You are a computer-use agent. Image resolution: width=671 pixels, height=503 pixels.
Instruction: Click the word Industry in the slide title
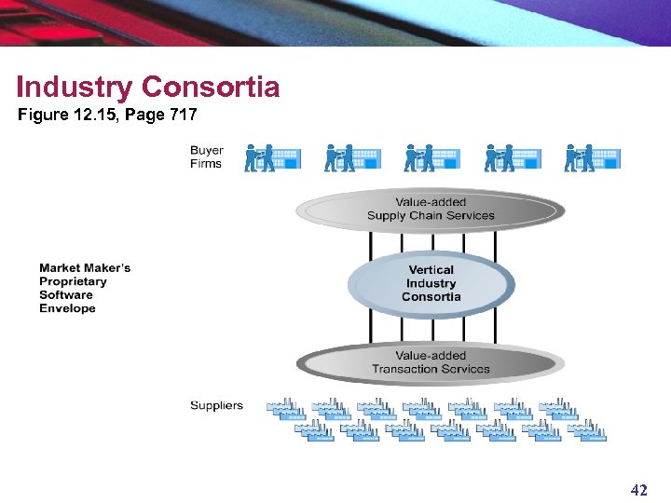tap(76, 88)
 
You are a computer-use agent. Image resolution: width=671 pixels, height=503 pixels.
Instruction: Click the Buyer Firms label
tap(206, 156)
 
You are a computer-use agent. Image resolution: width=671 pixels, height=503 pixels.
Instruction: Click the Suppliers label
tap(216, 405)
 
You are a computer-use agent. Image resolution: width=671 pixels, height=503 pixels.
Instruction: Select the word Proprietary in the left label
tap(73, 281)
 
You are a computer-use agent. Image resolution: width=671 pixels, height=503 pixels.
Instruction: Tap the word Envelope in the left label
tap(67, 308)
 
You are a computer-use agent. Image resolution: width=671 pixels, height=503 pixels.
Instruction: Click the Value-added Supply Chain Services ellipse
tap(430, 210)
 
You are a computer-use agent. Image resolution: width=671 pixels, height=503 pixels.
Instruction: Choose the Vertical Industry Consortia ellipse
tap(431, 283)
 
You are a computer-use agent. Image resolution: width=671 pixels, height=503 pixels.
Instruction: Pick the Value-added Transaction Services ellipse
tap(430, 362)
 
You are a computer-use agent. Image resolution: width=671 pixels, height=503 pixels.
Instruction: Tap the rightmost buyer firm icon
tap(592, 157)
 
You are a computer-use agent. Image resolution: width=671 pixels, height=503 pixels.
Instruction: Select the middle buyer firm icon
tap(431, 157)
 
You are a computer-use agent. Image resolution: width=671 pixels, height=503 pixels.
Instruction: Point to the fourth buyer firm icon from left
tap(512, 157)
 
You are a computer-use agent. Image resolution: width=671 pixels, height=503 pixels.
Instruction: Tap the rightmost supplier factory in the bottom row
tap(587, 430)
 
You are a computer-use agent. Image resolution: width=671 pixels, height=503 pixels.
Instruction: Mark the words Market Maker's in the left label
tap(85, 268)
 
